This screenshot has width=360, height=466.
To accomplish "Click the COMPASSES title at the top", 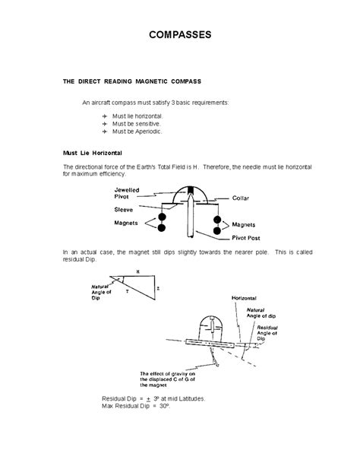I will [180, 36].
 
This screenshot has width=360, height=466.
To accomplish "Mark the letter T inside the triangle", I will [128, 291].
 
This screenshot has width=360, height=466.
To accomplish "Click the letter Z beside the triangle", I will [156, 289].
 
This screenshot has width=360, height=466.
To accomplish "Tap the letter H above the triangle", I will [137, 271].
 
